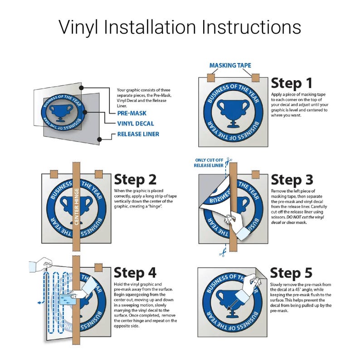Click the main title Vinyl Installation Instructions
click(180, 27)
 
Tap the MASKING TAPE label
click(230, 65)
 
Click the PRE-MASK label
click(132, 113)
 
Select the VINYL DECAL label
click(136, 123)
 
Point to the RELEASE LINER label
click(138, 134)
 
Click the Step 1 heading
click(292, 83)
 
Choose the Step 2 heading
click(135, 180)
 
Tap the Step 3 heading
click(292, 180)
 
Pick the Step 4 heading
click(135, 273)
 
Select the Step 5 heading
click(291, 273)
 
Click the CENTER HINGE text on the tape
click(77, 206)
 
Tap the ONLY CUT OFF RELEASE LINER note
click(209, 163)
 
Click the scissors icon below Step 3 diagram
click(222, 253)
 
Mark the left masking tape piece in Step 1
click(211, 78)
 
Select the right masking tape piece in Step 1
click(256, 78)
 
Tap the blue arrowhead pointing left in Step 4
click(39, 302)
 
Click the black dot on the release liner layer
click(99, 139)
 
